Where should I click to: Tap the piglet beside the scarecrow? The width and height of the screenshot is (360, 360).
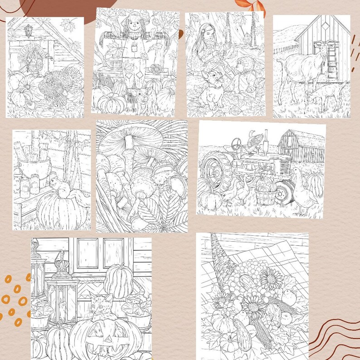pos(138,96)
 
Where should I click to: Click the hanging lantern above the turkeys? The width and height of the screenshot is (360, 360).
pos(28,31)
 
